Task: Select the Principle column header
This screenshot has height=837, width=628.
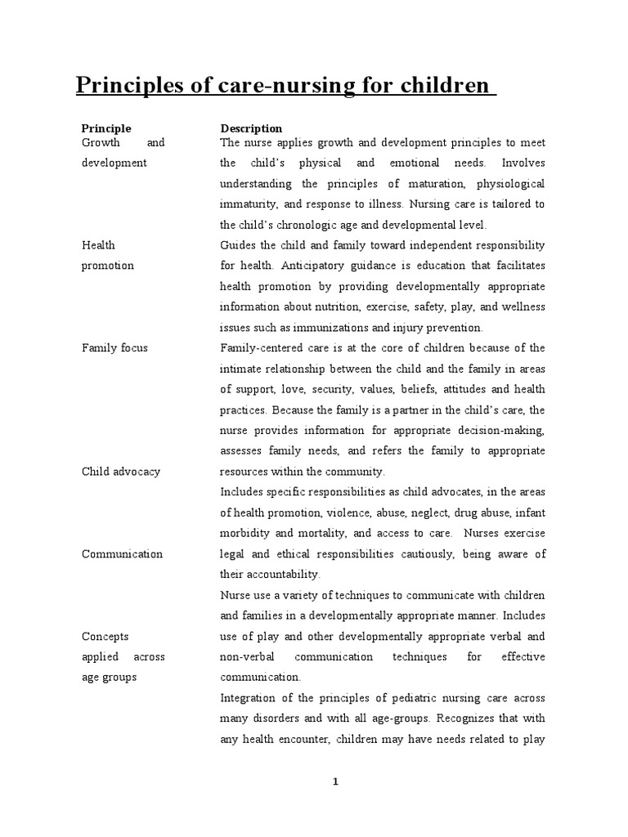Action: point(106,128)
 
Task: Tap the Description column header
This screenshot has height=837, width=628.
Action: point(251,128)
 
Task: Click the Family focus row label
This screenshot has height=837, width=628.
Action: point(114,347)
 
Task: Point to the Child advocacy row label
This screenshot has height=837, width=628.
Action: point(121,472)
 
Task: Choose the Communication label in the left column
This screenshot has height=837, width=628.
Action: point(123,553)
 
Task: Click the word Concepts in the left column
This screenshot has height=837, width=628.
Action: point(105,636)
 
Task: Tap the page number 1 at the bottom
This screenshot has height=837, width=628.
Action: point(335,781)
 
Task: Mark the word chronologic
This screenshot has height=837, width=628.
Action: point(318,225)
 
